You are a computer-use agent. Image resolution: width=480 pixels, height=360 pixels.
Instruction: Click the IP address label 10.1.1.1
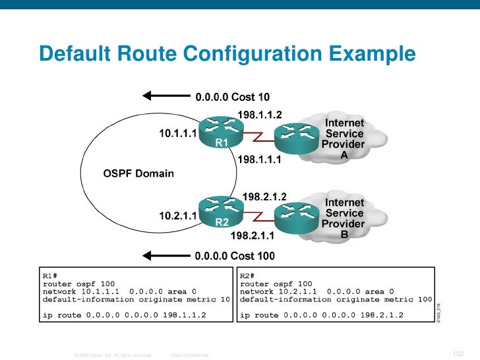click(178, 133)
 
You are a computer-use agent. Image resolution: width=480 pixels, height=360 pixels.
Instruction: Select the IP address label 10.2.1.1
click(178, 215)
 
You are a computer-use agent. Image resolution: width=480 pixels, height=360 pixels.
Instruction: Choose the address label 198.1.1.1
click(258, 159)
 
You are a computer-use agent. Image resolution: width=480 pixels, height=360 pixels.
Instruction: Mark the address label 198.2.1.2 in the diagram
click(264, 196)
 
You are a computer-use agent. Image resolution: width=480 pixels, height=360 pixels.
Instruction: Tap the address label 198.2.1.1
click(252, 234)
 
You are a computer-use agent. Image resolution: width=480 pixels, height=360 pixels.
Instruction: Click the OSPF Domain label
click(138, 174)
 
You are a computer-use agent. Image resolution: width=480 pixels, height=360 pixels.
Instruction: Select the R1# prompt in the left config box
click(50, 275)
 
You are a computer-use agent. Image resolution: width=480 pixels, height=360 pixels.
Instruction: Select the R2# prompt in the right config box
click(247, 275)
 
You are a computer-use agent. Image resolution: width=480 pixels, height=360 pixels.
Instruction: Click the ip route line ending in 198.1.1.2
click(124, 315)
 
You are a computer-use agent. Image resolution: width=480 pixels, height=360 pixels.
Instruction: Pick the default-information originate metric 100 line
click(335, 299)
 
